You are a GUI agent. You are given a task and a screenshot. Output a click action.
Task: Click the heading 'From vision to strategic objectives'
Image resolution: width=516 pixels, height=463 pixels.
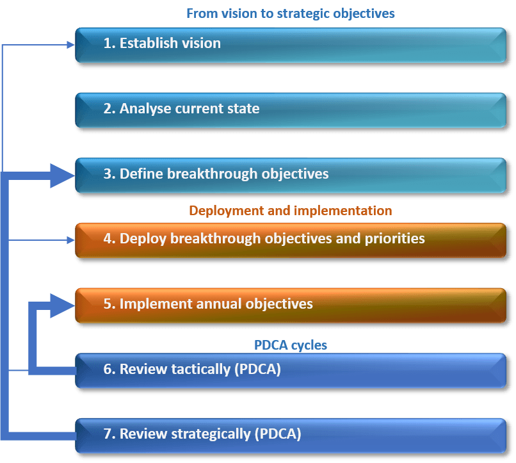click(x=290, y=13)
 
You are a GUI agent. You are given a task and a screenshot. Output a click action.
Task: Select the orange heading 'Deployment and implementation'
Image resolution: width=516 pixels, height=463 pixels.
click(x=290, y=210)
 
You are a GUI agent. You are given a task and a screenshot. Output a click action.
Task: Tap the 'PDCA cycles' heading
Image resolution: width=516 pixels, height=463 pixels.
click(x=290, y=345)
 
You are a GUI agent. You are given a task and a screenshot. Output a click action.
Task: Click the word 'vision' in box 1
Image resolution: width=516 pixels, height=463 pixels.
click(x=199, y=44)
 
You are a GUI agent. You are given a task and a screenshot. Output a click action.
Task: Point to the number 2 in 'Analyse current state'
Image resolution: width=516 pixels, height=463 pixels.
click(x=108, y=108)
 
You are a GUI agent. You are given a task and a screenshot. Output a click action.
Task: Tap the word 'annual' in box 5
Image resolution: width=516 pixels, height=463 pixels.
click(x=204, y=304)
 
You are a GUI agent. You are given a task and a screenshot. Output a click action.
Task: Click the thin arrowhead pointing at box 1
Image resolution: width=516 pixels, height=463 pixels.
click(x=70, y=44)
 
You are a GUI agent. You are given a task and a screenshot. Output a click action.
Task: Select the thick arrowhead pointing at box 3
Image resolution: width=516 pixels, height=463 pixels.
click(x=63, y=174)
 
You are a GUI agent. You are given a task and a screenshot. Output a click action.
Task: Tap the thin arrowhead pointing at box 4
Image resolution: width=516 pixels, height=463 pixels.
click(x=70, y=240)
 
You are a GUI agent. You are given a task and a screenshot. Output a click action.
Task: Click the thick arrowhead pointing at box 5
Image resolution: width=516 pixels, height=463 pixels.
click(x=63, y=305)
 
